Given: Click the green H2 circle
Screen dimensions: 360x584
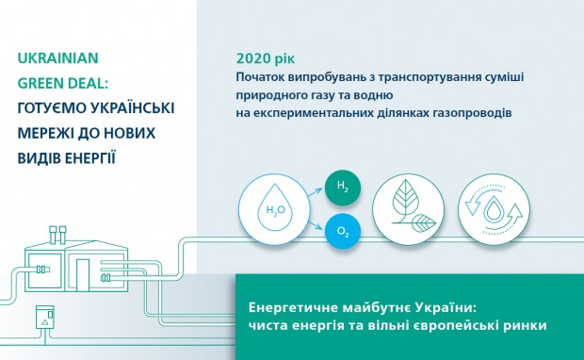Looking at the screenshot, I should tap(342, 186).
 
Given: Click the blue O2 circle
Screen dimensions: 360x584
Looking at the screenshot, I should tap(342, 230).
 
